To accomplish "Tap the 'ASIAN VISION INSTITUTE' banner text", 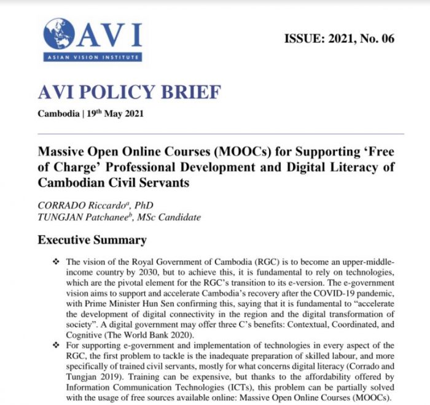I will (x=92, y=58).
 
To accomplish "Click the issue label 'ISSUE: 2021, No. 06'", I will (x=339, y=39).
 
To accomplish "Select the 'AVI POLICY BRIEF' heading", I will (x=128, y=93).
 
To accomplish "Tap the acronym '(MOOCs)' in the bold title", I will (x=236, y=150).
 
